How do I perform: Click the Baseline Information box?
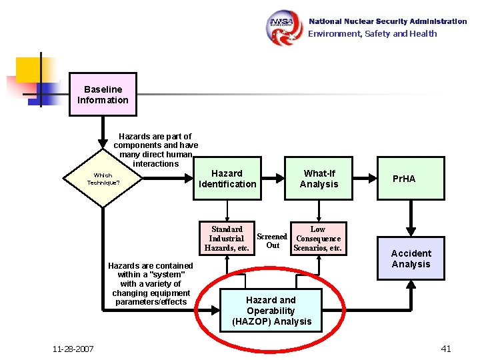coord(103,95)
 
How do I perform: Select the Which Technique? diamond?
coord(103,179)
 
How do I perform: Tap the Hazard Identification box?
coord(227,179)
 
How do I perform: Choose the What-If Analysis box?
coord(319,179)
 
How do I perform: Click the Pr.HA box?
coord(411,179)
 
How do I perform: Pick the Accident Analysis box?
coord(411,259)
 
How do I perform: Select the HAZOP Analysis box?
coord(271,311)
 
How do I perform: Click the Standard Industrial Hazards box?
coord(227,239)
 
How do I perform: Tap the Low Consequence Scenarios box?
coord(318,239)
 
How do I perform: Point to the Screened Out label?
coord(272,241)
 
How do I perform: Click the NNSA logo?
coord(285,27)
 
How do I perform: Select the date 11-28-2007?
coord(73,349)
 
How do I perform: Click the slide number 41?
coord(446,348)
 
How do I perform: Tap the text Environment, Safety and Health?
coord(372,34)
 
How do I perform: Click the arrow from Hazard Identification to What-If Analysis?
coord(273,179)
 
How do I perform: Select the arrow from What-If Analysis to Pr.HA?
coord(364,179)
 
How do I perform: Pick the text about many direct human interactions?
coord(155,150)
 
